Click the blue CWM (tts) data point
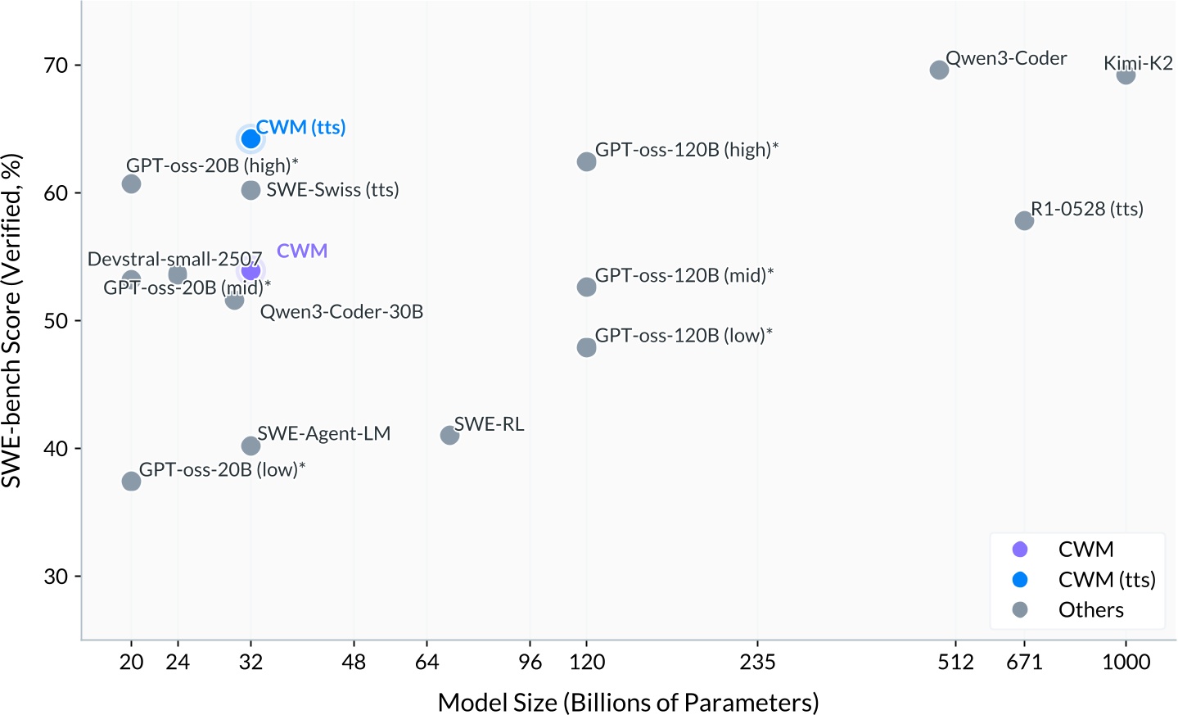pos(250,139)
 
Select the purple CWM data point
pos(250,269)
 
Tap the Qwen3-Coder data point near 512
pos(939,70)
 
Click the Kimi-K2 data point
pos(1126,75)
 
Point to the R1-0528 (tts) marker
pos(1024,221)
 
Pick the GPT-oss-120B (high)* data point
pos(586,162)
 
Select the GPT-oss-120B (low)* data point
pos(586,348)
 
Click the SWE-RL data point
pos(449,436)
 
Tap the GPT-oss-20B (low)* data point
pos(131,482)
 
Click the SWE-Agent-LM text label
pos(323,434)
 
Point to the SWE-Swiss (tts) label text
pos(332,190)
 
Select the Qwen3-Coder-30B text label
pos(341,312)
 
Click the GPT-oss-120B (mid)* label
pos(684,276)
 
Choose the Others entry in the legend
pos(1090,610)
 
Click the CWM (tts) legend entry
pos(1106,580)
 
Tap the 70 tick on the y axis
pos(56,66)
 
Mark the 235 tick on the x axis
pos(757,662)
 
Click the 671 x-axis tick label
pos(1024,662)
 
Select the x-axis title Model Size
pos(628,703)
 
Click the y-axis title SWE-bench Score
pos(11,321)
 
